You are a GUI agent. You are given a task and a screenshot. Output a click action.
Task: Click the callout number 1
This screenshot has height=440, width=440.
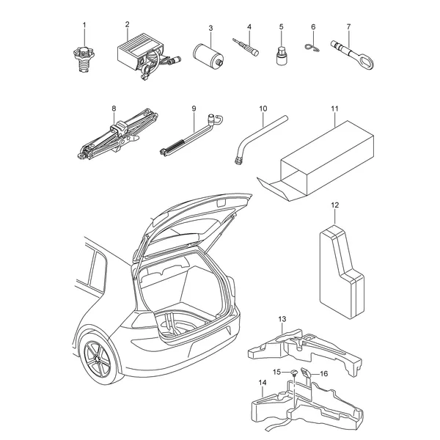(x=84, y=25)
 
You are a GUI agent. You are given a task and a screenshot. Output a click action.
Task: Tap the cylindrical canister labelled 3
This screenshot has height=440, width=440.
(x=208, y=56)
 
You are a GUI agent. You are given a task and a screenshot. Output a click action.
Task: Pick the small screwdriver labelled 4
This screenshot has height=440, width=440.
(x=246, y=47)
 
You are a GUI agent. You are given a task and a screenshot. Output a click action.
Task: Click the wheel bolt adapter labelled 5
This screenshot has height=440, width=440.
(x=281, y=56)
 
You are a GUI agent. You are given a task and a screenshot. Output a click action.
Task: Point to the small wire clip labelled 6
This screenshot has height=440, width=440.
(x=312, y=48)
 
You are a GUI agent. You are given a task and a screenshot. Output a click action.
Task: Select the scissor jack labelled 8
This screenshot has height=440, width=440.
(x=117, y=134)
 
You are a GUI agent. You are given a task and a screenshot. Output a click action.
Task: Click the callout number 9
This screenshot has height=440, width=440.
(x=194, y=109)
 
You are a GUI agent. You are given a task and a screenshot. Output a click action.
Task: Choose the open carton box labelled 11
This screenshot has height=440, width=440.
(x=317, y=161)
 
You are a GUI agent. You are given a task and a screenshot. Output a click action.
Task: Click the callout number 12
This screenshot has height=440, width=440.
(x=335, y=205)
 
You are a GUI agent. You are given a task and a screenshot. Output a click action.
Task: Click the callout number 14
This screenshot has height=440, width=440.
(x=263, y=383)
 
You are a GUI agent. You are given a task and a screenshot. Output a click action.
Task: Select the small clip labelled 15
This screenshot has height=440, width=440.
(x=293, y=373)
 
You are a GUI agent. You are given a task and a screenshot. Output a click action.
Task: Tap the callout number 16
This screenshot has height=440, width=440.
(x=323, y=373)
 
